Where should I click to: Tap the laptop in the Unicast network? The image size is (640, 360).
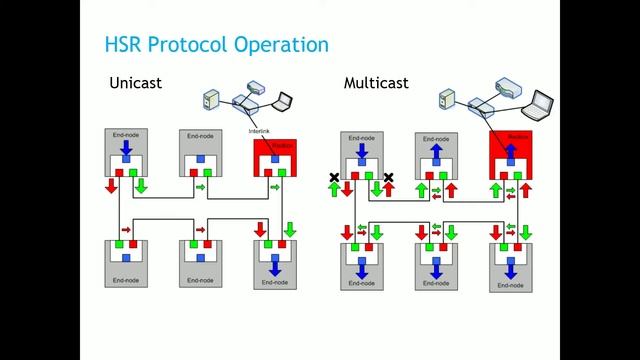click(283, 100)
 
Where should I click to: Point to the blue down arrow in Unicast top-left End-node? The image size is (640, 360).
click(125, 148)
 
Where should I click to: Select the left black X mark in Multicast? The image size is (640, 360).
click(335, 179)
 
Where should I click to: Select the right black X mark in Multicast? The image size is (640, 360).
click(388, 179)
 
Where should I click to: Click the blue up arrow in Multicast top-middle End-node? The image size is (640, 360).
click(435, 149)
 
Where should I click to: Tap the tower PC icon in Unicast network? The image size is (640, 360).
click(210, 100)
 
